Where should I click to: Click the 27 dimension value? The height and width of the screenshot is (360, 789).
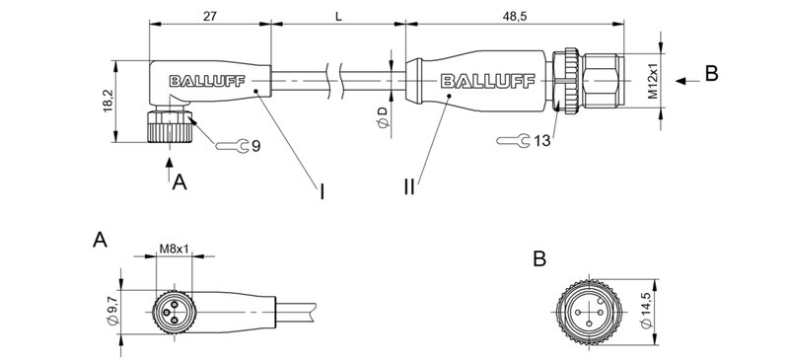pyautogui.click(x=209, y=16)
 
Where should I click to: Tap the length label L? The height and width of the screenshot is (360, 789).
pyautogui.click(x=339, y=16)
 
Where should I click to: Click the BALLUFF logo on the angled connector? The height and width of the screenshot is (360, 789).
pyautogui.click(x=200, y=82)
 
